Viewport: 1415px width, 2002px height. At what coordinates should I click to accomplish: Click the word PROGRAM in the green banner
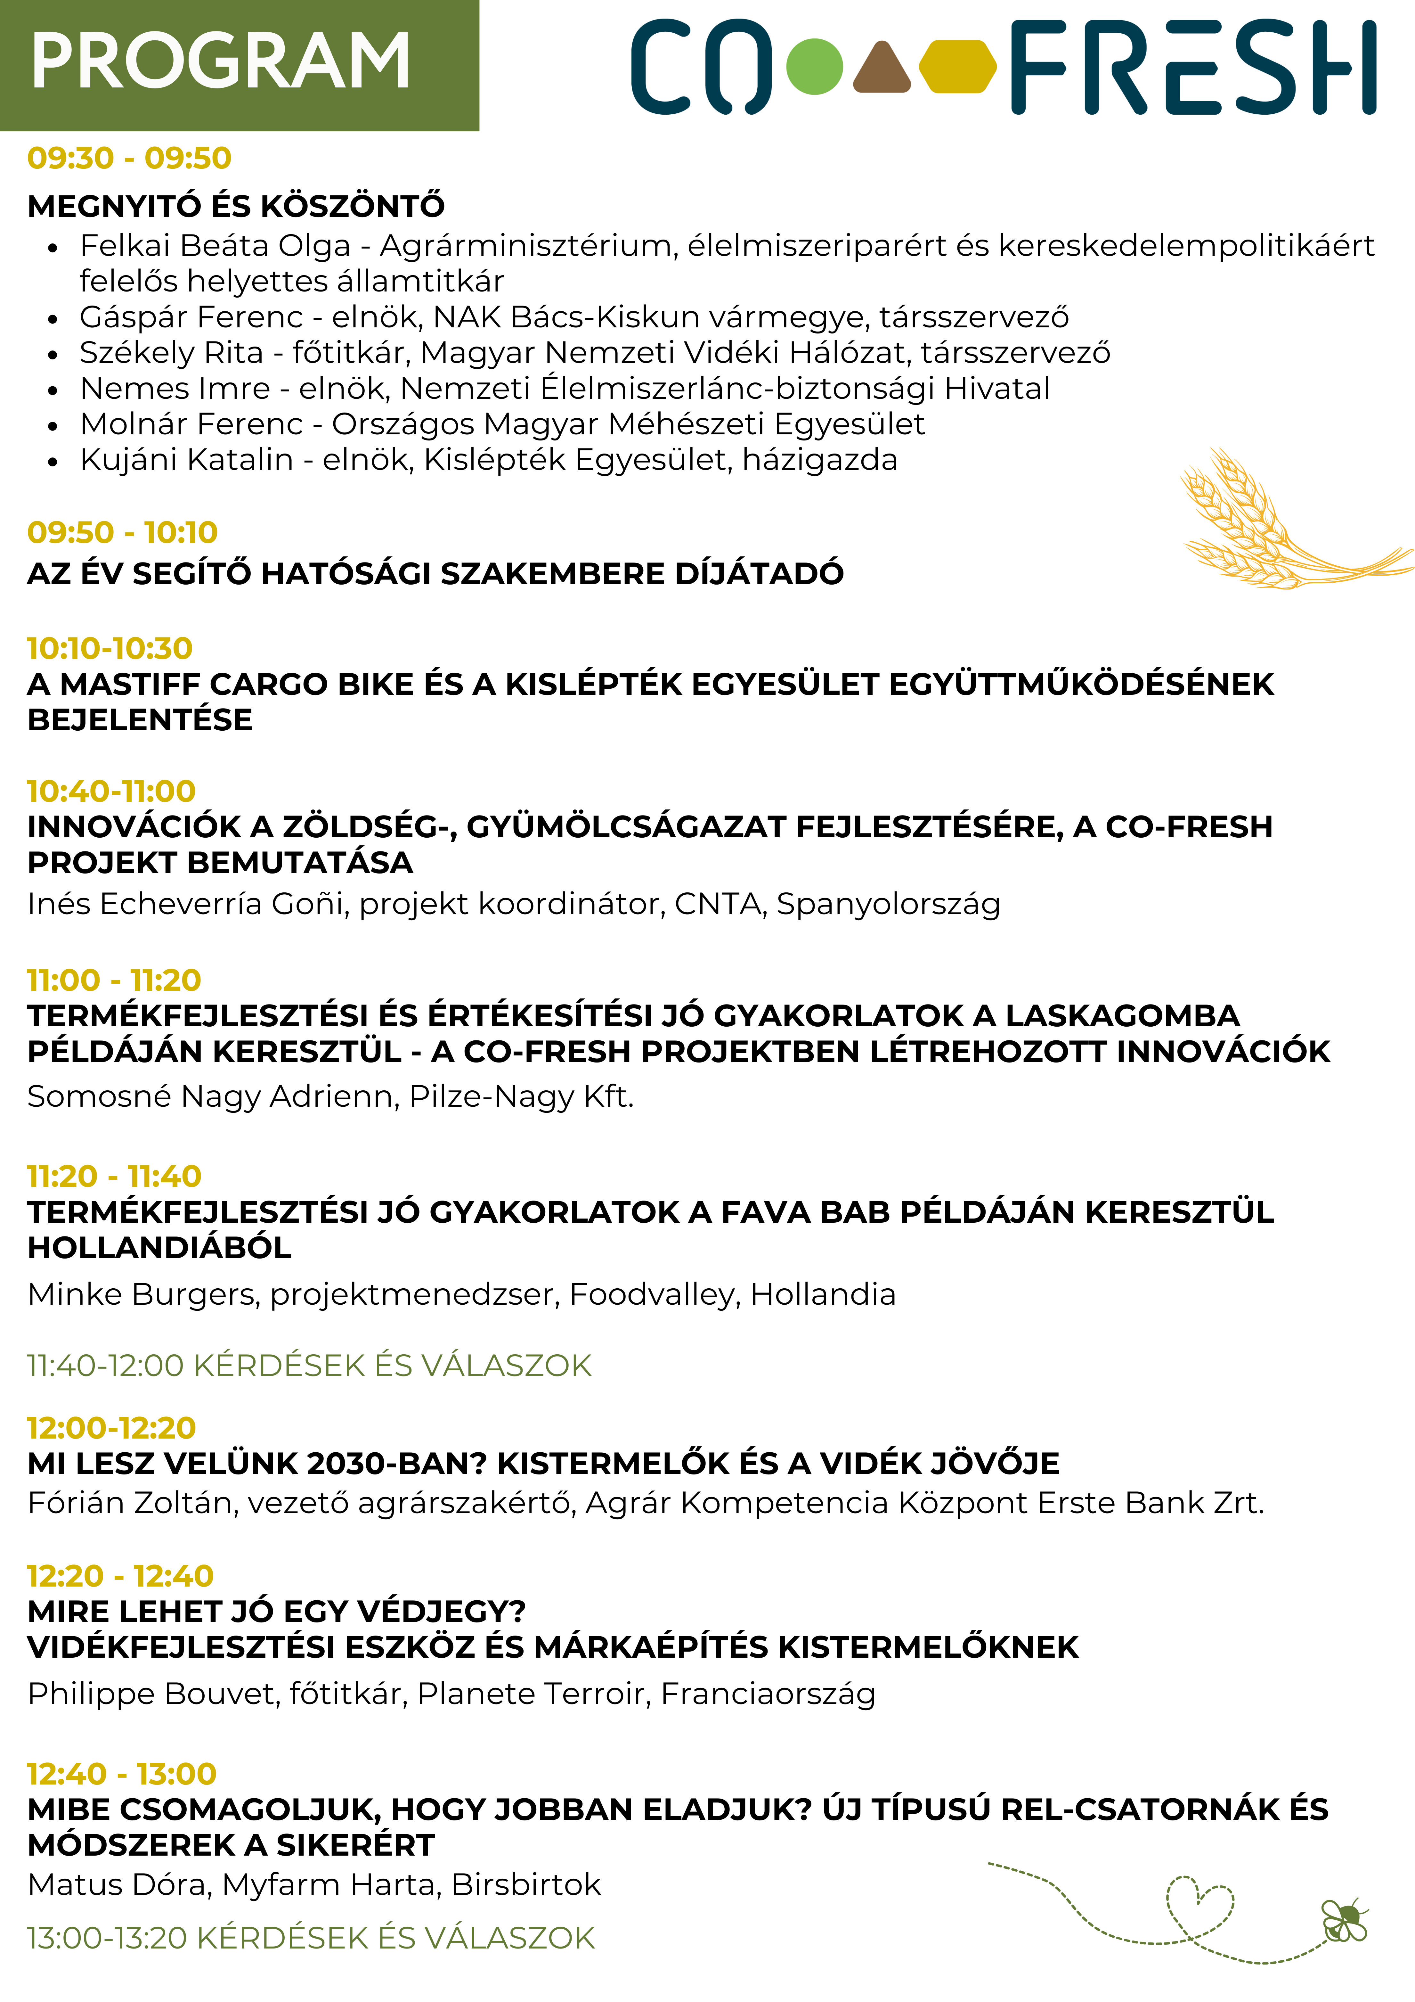[x=221, y=61]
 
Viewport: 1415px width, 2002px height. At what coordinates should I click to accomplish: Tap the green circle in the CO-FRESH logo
[x=814, y=66]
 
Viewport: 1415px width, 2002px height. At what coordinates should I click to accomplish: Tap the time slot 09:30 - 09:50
[x=129, y=159]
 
